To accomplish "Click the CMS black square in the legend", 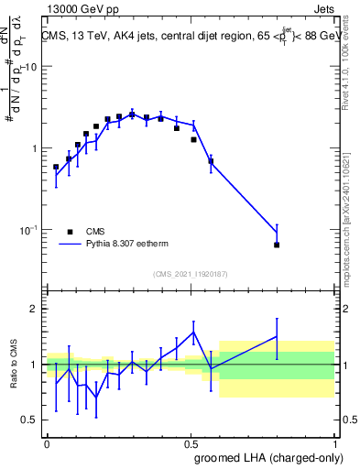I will (x=70, y=232).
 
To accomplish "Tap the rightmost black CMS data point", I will (x=277, y=245).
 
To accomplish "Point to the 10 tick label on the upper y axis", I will (x=30, y=68).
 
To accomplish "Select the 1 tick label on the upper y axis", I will (x=34, y=148).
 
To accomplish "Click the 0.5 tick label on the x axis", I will (x=191, y=442).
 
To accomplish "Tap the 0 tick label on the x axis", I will (x=47, y=442).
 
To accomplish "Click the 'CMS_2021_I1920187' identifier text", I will (x=191, y=273).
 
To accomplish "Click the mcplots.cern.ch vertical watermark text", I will (x=352, y=220).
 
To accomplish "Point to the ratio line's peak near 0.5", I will (x=193, y=332).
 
